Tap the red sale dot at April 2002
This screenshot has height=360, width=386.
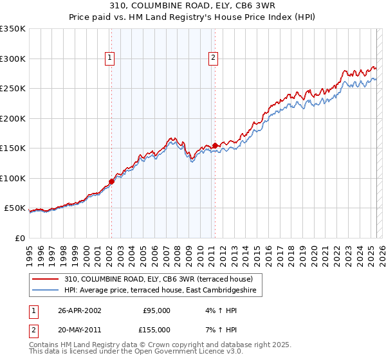111,181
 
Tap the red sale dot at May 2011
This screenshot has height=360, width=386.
215,145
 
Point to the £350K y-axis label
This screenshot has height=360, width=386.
12,29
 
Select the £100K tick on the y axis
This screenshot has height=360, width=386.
12,178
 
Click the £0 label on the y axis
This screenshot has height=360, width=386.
19,238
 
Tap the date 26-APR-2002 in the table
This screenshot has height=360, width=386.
79,310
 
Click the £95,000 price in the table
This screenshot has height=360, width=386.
156,310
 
